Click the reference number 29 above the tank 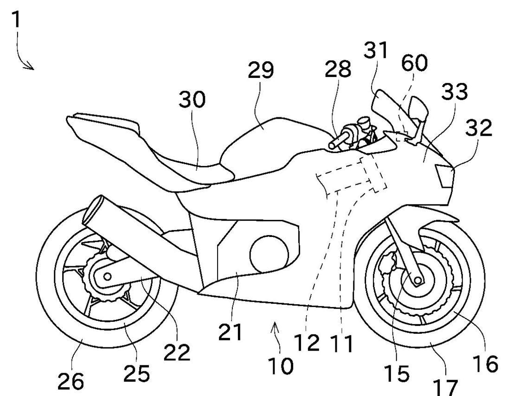(x=261, y=70)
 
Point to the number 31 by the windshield (x=375, y=50)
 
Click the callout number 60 (x=414, y=63)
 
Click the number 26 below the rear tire (x=71, y=381)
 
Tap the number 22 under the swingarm (x=177, y=352)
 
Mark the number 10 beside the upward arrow (x=280, y=366)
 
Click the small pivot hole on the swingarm (x=107, y=277)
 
